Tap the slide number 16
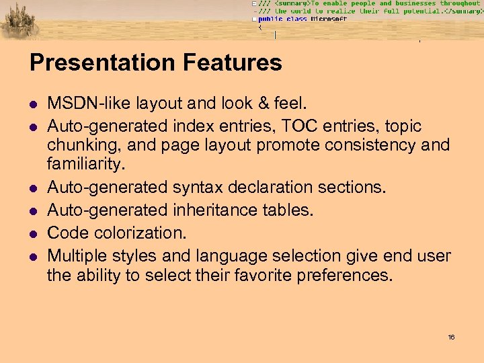(451, 337)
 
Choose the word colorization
(135, 233)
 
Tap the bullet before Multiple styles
(32, 257)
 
